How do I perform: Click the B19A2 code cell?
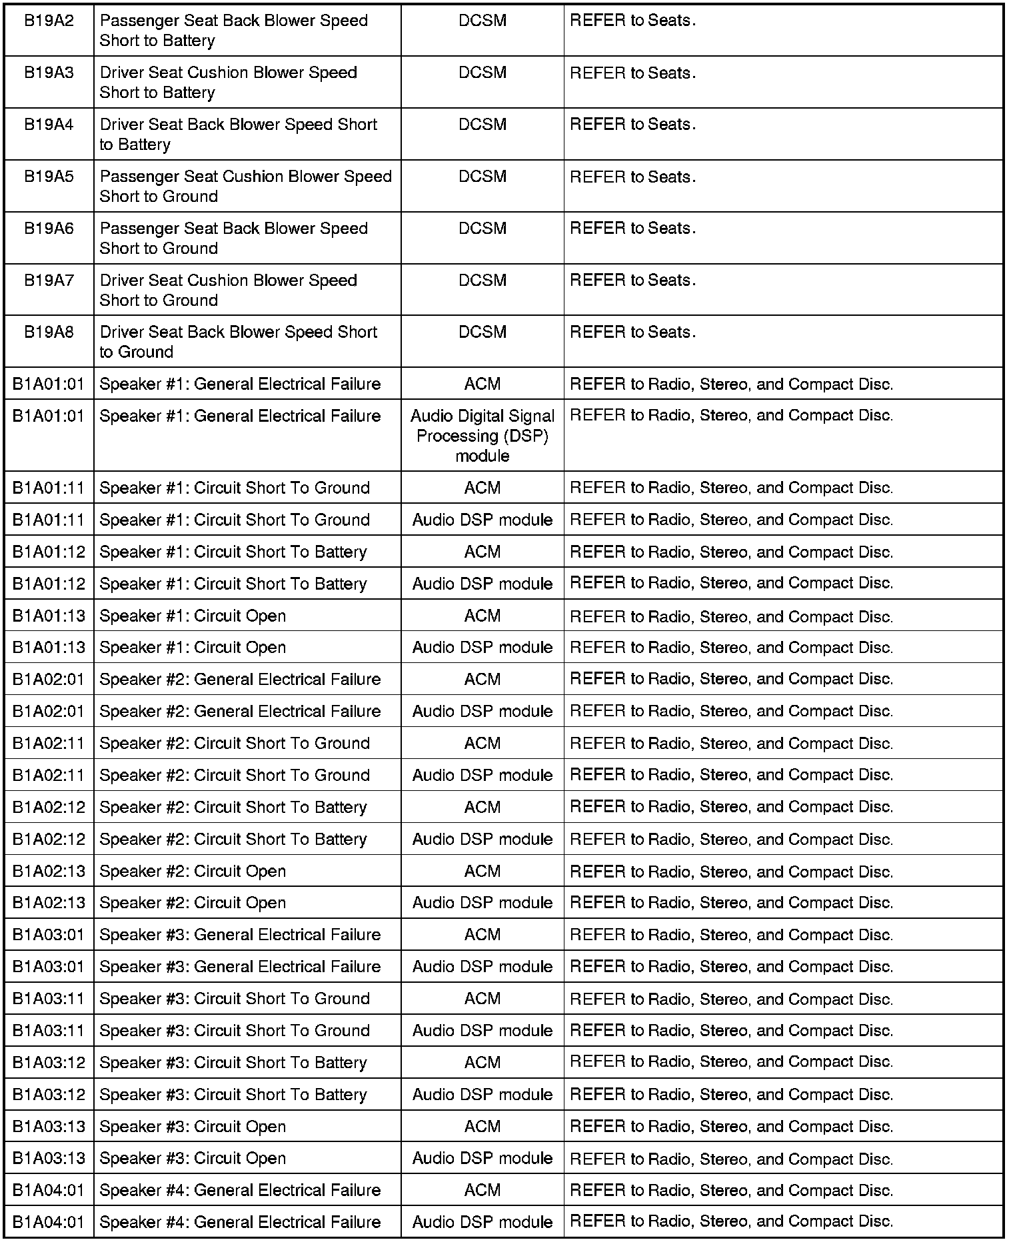coord(49,21)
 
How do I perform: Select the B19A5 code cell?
coord(49,177)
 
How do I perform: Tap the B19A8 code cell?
coord(49,332)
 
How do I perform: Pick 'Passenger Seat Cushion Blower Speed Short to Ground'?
coord(245,187)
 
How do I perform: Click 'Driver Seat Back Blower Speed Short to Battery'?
coord(238,135)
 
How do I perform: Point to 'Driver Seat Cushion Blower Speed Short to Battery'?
coord(228,83)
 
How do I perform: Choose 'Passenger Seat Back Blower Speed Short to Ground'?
coord(233,239)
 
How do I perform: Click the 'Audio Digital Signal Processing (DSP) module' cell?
coord(483,436)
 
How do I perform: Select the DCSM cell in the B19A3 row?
coord(483,73)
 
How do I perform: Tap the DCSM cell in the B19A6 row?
coord(483,229)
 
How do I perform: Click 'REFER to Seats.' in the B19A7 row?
coord(632,281)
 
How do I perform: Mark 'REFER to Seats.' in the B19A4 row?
coord(632,125)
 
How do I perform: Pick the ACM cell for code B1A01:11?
coord(483,488)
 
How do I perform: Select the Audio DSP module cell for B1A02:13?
coord(483,903)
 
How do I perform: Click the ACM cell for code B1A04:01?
coord(483,1190)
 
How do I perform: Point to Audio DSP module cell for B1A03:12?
coord(483,1094)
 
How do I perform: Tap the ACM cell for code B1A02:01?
coord(483,679)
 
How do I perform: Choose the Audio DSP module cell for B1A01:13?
coord(483,648)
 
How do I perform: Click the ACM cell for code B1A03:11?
coord(483,998)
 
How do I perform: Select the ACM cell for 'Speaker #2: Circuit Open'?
coord(483,871)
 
